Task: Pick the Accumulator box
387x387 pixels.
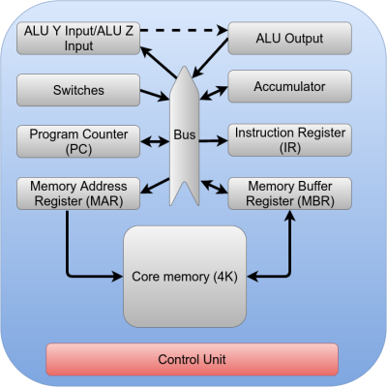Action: (x=288, y=85)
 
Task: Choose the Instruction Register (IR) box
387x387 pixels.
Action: (x=288, y=141)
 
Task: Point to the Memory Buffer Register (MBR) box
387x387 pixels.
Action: (x=288, y=193)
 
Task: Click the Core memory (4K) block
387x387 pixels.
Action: (x=184, y=277)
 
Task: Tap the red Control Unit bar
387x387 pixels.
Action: (x=193, y=359)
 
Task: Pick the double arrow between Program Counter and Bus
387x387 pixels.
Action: (x=155, y=142)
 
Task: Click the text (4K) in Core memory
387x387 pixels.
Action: (x=221, y=277)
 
